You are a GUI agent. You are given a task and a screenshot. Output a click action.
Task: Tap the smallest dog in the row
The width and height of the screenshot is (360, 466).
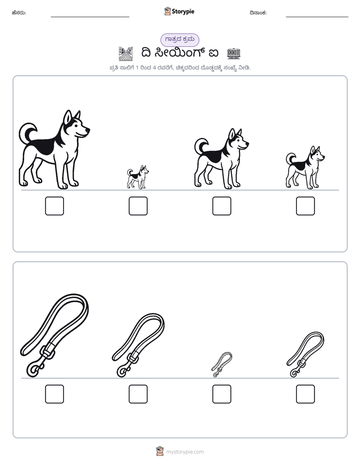point(138,177)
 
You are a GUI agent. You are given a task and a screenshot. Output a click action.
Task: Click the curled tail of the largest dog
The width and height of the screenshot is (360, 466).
point(27,132)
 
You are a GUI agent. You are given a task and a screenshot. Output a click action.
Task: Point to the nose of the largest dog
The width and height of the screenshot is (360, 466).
point(88,130)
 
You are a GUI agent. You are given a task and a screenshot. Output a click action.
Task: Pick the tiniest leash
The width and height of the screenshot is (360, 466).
point(222,364)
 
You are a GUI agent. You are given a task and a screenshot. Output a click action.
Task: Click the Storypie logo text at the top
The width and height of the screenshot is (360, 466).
point(183,12)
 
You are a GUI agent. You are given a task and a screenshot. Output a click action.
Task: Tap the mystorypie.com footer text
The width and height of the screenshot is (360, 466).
point(185,452)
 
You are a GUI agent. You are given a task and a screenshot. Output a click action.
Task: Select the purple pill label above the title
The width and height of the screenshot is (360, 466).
point(179,40)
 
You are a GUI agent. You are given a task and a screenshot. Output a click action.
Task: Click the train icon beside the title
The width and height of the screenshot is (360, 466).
point(233,53)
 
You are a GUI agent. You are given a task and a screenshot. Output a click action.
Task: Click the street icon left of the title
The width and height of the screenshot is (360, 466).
point(126,53)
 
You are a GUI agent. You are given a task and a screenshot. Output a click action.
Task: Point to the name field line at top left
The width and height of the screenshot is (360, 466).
point(90,17)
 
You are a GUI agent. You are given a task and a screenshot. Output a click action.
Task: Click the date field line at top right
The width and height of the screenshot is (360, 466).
point(317,17)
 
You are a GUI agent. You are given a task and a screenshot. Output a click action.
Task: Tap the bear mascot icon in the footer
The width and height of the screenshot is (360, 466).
point(160,451)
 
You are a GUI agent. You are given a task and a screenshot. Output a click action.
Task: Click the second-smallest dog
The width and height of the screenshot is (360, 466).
point(305,167)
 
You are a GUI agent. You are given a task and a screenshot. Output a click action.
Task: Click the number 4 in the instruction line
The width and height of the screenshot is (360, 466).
point(154,68)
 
